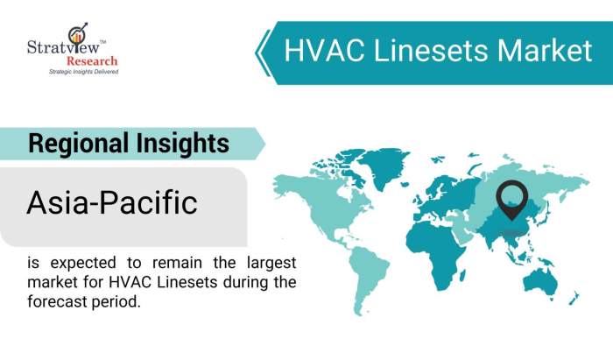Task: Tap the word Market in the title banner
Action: (x=545, y=51)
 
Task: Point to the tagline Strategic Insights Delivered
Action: (x=83, y=71)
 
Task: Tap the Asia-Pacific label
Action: (x=111, y=203)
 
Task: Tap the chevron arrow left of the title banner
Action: (x=261, y=51)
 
